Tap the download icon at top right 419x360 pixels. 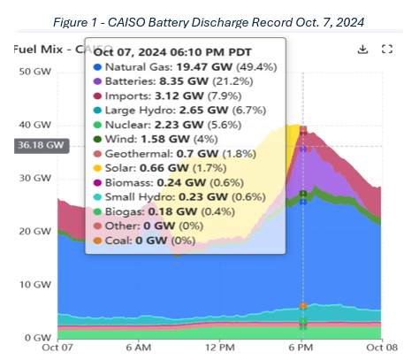point(362,49)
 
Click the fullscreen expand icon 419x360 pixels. point(385,49)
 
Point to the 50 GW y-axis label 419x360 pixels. point(34,71)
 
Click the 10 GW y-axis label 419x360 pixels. point(34,285)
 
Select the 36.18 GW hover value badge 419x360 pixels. point(30,144)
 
